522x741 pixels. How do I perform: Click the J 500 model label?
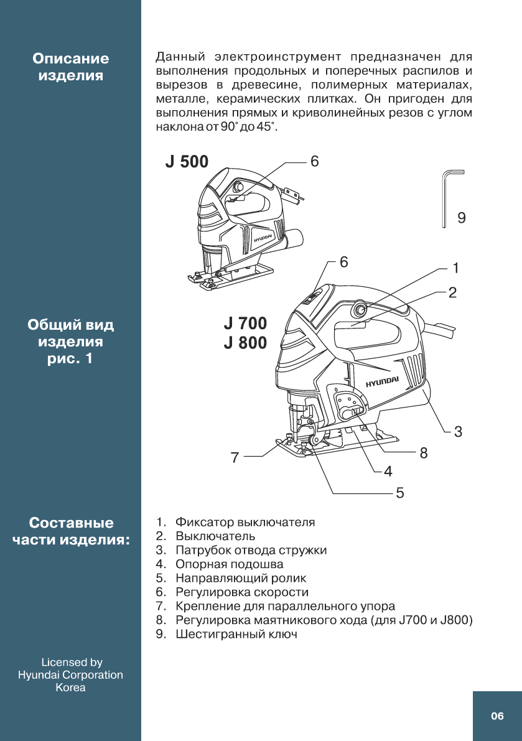coord(187,162)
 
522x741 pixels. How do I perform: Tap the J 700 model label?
coord(245,324)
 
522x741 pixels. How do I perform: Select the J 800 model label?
coord(245,343)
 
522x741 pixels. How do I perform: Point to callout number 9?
coord(461,218)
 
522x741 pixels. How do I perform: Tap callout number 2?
coord(453,292)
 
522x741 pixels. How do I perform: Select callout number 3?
coord(458,431)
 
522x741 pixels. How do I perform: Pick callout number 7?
coord(235,458)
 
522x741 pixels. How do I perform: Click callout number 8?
coord(424,453)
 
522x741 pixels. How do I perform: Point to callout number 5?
coord(400,493)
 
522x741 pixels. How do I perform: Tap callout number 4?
coord(388,472)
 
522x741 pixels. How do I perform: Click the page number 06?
coord(497,716)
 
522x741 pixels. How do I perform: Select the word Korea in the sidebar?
coord(70,687)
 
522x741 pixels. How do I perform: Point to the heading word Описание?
coord(71,58)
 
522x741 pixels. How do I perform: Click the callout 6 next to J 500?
coord(314,162)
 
